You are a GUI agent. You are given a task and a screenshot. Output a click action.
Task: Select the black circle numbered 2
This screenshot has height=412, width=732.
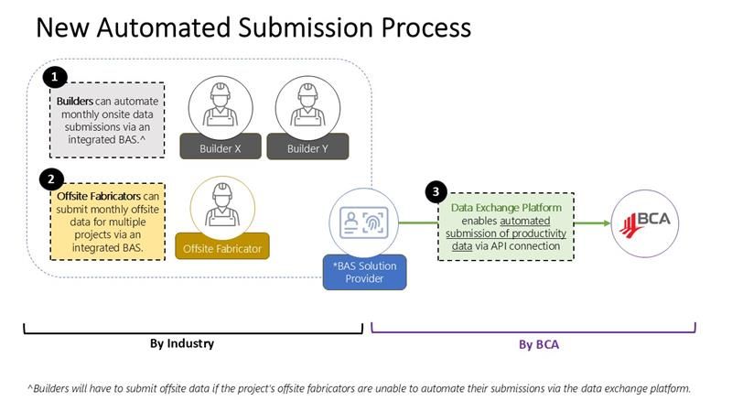[53, 179]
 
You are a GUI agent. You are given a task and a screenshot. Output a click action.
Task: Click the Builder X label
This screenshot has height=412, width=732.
[220, 146]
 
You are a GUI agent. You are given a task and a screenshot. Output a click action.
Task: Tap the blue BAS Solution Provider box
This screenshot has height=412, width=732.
[362, 271]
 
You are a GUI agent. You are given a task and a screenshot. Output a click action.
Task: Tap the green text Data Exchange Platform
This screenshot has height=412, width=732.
[506, 208]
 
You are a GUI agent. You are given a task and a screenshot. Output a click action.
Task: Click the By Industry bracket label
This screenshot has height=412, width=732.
[182, 344]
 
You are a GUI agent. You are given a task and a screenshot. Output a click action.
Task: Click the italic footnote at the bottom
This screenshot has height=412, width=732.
[359, 388]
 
